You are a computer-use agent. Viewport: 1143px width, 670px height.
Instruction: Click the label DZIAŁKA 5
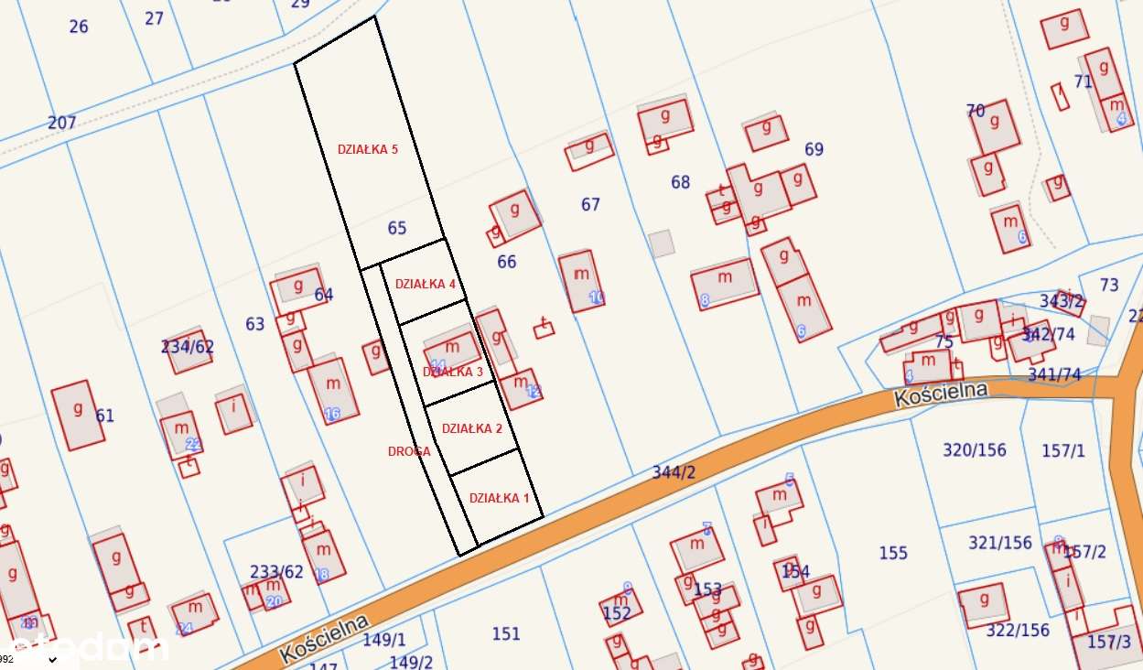[x=368, y=149]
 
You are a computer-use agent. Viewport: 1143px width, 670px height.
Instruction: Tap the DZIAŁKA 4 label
[x=426, y=284]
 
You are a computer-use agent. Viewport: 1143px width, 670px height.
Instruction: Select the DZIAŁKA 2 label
[x=472, y=428]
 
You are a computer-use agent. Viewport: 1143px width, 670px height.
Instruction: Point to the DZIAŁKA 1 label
[x=500, y=498]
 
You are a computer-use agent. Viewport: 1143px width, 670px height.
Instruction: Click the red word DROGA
[x=409, y=451]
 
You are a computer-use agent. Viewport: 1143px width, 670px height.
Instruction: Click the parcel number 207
[x=62, y=123]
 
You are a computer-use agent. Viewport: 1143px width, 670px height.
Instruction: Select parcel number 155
[x=893, y=553]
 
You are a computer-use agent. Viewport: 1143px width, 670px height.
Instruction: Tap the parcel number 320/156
[x=975, y=450]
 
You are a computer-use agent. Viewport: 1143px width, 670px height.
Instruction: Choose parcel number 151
[x=506, y=633]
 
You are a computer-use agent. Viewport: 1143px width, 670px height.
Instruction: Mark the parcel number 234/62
[x=188, y=346]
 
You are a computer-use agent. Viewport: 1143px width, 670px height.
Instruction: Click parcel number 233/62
[x=276, y=572]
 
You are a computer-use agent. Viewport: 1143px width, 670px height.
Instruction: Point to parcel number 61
[x=105, y=416]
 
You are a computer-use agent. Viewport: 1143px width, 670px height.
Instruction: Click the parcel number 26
[x=79, y=27]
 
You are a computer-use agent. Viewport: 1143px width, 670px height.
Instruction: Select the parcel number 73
[x=1109, y=285]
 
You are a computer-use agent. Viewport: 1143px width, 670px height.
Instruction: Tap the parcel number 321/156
[x=1000, y=543]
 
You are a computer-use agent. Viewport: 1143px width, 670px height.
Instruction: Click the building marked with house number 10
[x=582, y=280]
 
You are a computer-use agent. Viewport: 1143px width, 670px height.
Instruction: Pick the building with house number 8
[x=725, y=283]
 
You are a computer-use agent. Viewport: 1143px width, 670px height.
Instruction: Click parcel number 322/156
[x=1018, y=630]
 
